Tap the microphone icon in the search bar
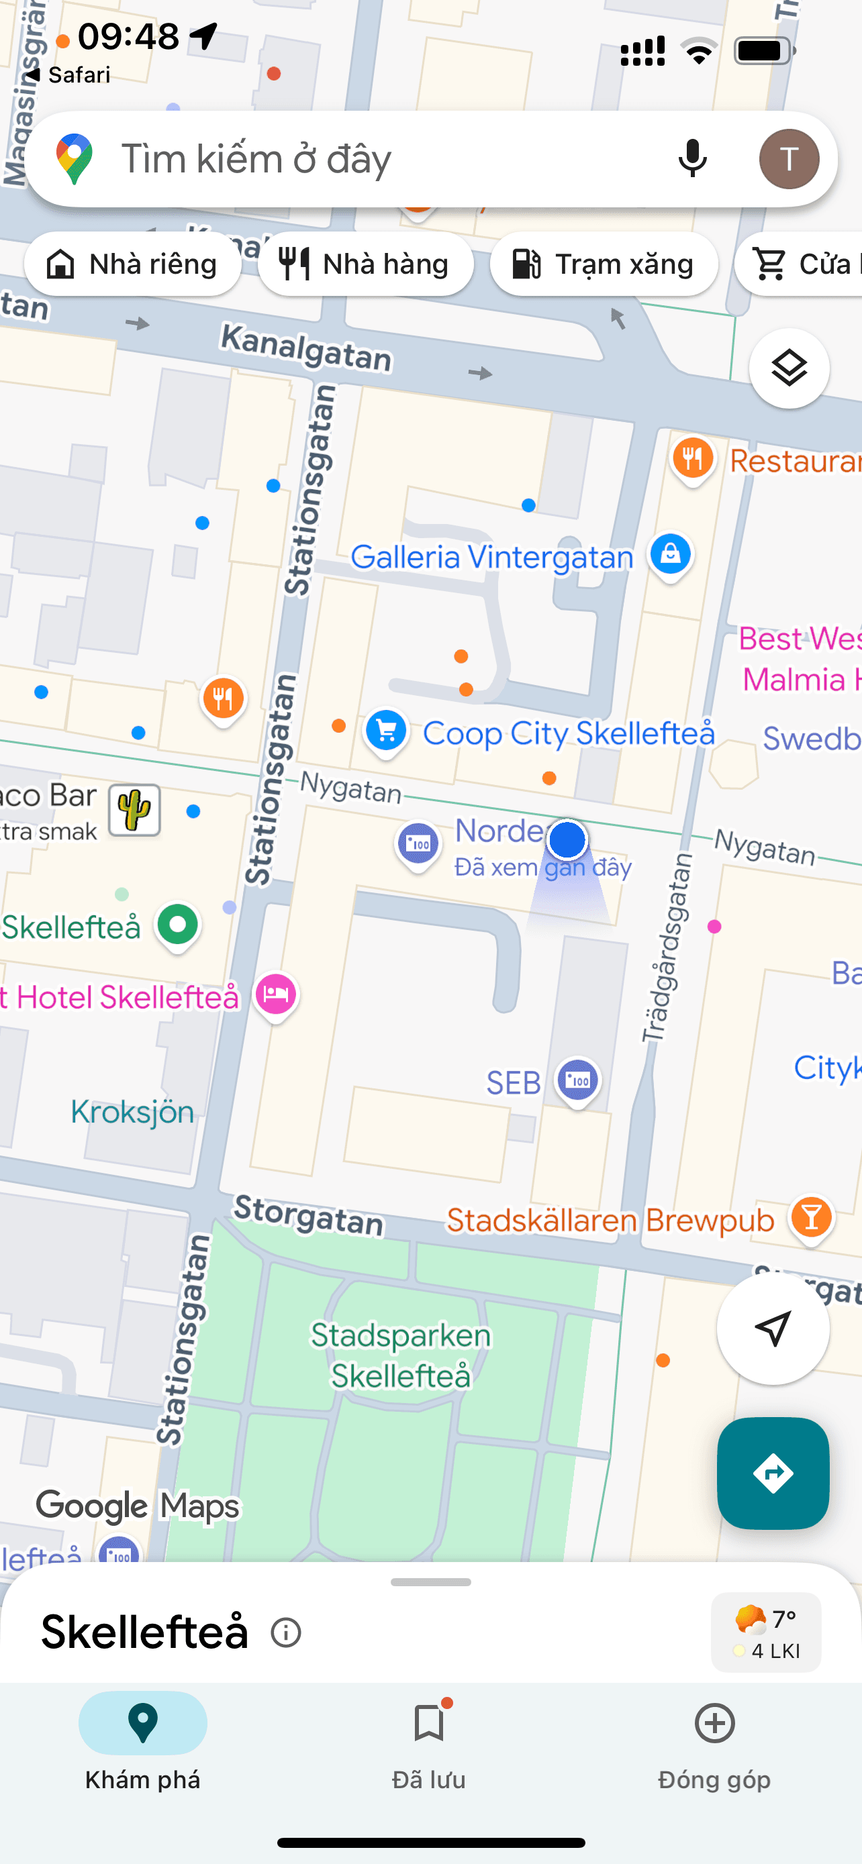pos(692,158)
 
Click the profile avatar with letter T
pos(788,158)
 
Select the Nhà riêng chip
pos(132,264)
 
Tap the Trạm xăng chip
pos(604,264)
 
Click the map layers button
pos(788,368)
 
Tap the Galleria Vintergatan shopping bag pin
pos(670,554)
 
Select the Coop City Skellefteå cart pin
pos(386,731)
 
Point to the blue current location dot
pos(567,840)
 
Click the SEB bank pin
pos(577,1081)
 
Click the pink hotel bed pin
pos(276,994)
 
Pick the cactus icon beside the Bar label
pos(135,811)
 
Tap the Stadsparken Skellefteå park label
pos(401,1355)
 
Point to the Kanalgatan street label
pos(305,348)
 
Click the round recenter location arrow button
pos(772,1329)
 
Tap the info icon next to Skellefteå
pos(286,1633)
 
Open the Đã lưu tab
pos(428,1744)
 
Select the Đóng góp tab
pos(714,1744)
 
